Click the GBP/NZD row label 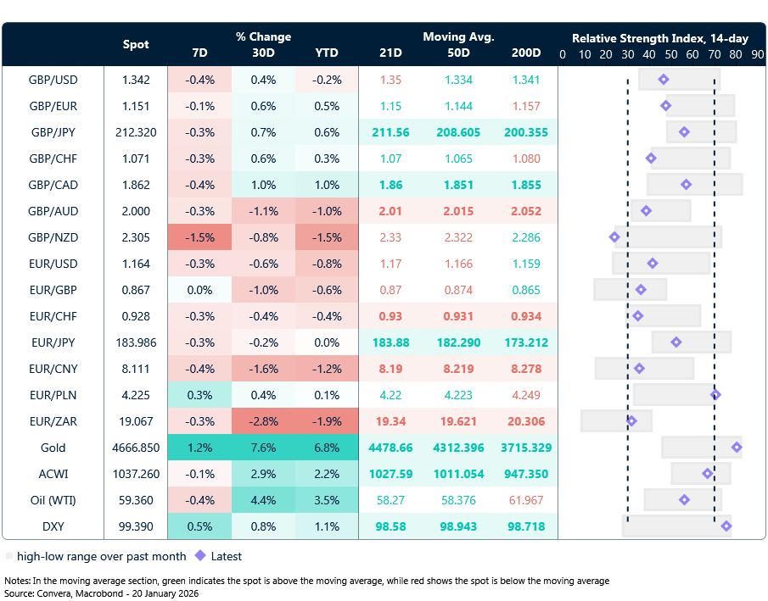tap(53, 237)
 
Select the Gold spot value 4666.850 tap(136, 448)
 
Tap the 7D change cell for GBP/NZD tap(199, 237)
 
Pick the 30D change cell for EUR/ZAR tap(263, 421)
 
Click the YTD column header tap(327, 53)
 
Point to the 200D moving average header tap(526, 53)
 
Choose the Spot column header tap(136, 44)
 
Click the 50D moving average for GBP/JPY tap(459, 132)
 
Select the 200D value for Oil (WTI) tap(526, 500)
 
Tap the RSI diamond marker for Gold tap(737, 447)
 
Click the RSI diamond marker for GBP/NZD tap(614, 237)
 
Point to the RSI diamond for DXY tap(726, 526)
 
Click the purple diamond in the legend tap(200, 556)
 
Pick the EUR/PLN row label tap(53, 395)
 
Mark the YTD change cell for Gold tap(327, 448)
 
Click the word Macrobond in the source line tap(99, 593)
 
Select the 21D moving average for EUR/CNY tap(390, 369)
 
